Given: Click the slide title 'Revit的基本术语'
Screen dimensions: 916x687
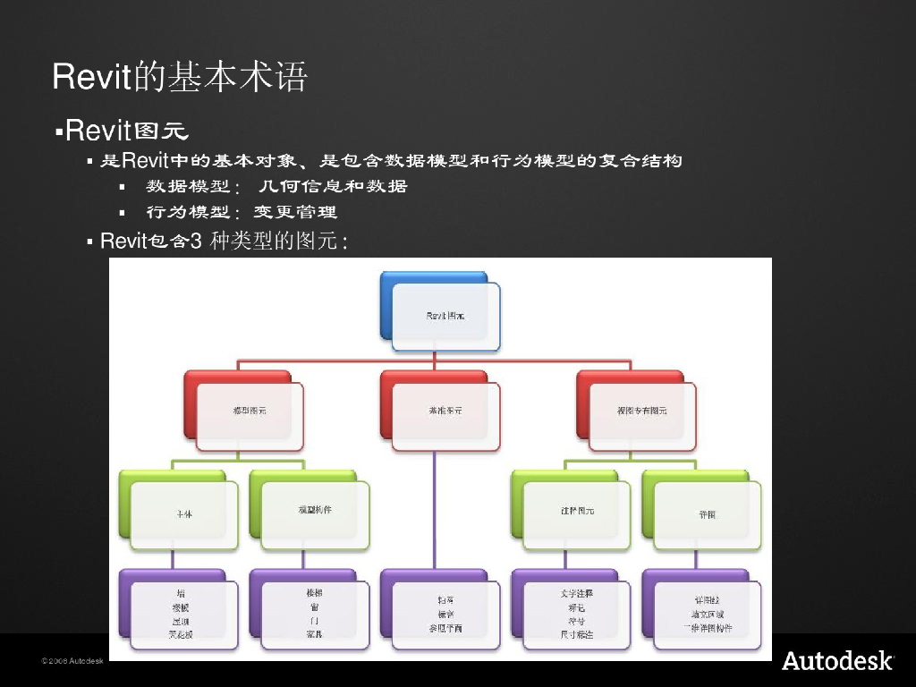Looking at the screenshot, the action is point(180,78).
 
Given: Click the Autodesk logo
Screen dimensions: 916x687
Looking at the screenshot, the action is point(837,661).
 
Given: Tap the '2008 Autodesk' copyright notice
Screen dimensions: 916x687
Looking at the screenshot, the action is point(72,661).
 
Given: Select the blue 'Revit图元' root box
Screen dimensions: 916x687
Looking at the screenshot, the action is point(445,316).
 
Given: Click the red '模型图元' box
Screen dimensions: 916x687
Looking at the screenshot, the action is point(249,411).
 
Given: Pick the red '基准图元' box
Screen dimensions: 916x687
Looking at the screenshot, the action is point(445,411).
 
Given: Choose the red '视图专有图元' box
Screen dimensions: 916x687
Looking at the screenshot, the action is point(641,411).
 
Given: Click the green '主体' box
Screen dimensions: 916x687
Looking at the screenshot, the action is point(183,514).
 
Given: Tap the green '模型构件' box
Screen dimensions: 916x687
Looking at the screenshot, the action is point(314,510).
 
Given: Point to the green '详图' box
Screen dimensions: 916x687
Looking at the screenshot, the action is point(707,514).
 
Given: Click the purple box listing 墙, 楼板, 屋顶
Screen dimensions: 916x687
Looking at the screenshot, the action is point(183,613).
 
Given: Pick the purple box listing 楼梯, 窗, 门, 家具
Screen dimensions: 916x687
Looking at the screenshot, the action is point(314,613).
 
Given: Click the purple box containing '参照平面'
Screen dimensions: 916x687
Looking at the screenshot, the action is point(445,614).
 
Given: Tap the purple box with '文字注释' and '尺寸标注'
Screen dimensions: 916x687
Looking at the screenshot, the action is point(576,613).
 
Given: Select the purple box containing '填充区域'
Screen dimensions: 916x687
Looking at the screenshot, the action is point(707,613).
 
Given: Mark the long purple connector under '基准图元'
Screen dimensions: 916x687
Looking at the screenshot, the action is point(435,510).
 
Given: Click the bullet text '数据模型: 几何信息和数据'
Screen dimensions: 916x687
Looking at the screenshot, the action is point(276,186).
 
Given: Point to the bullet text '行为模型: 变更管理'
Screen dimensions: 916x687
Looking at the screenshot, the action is point(242,213).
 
